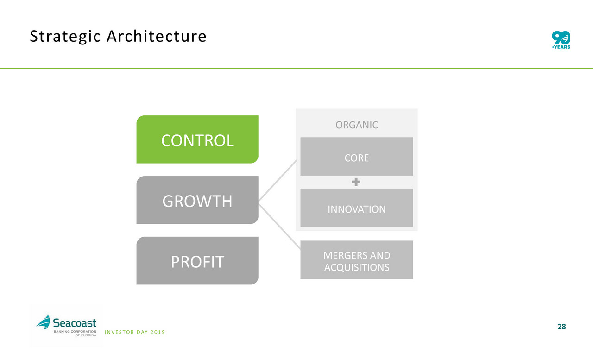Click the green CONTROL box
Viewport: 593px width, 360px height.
[x=197, y=139]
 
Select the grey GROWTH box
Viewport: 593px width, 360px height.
[x=197, y=200]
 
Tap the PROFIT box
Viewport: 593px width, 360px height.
[x=197, y=261]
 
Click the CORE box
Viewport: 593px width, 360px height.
[x=357, y=157]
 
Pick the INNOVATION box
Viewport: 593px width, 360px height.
[x=357, y=208]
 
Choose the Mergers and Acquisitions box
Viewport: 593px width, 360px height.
[x=357, y=259]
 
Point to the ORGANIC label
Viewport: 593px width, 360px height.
[x=357, y=125]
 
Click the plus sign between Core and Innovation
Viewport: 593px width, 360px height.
[x=356, y=182]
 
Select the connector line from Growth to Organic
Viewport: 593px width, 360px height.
[x=278, y=181]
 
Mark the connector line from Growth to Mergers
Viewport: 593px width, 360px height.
[x=279, y=226]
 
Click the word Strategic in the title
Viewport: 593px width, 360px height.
[x=65, y=37]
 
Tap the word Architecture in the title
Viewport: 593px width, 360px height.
[x=157, y=36]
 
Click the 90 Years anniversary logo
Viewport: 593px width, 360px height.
[x=561, y=40]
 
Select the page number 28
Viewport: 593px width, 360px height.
[x=561, y=327]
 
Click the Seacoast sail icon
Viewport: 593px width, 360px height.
[x=44, y=322]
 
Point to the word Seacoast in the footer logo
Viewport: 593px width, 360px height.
[x=75, y=323]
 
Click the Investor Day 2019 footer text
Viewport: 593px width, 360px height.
[x=135, y=332]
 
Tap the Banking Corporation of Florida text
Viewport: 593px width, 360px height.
[x=75, y=333]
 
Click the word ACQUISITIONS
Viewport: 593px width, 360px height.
[x=357, y=267]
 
